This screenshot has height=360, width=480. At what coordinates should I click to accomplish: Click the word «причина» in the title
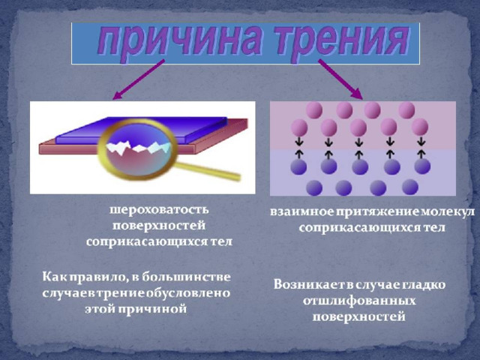click(181, 43)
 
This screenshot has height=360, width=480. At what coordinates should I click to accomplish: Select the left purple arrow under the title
click(139, 79)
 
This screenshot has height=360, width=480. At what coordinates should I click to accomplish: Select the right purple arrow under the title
click(340, 79)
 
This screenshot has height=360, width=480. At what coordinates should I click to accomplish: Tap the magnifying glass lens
click(138, 149)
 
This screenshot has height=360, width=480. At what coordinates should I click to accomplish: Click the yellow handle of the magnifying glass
click(208, 172)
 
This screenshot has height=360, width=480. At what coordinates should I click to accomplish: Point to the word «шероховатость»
click(159, 210)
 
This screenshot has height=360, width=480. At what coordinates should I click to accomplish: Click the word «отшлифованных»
click(359, 301)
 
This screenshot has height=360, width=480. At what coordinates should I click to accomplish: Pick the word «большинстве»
click(187, 277)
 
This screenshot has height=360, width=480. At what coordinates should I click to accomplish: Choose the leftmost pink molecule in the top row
click(314, 110)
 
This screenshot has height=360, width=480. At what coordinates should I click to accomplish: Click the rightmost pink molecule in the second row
click(420, 127)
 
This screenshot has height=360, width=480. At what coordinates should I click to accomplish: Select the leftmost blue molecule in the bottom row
click(314, 187)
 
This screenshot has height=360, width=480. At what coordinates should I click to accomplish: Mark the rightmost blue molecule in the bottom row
click(410, 187)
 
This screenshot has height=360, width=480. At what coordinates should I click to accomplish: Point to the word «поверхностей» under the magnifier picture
click(159, 226)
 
